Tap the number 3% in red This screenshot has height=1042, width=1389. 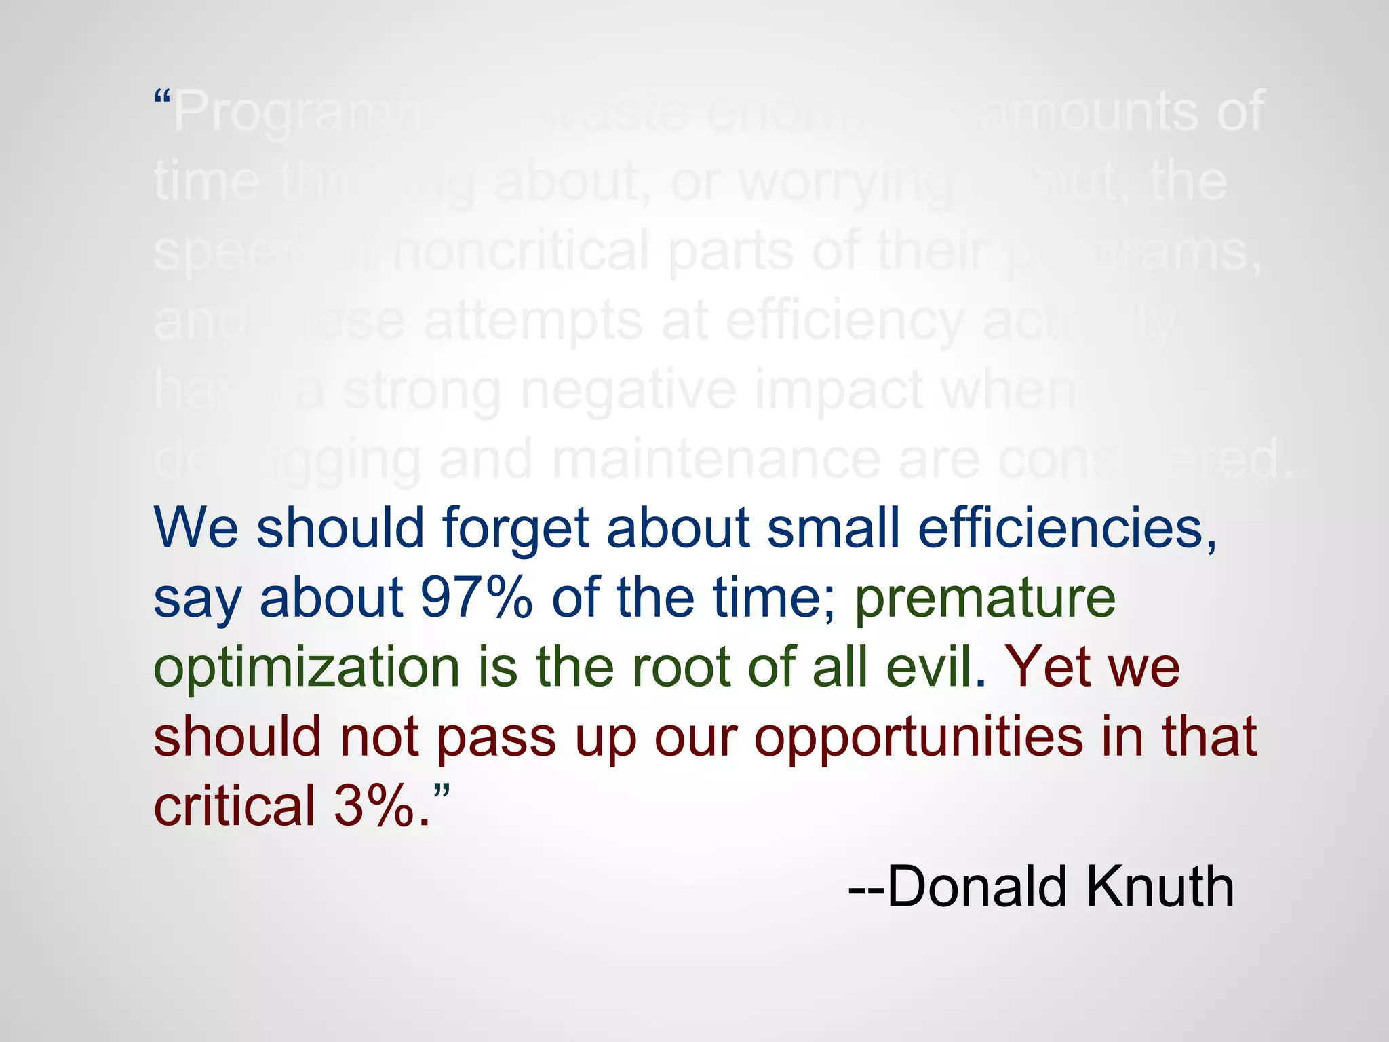pos(374,805)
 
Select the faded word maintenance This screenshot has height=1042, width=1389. pos(715,460)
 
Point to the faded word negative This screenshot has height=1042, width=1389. pos(628,391)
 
